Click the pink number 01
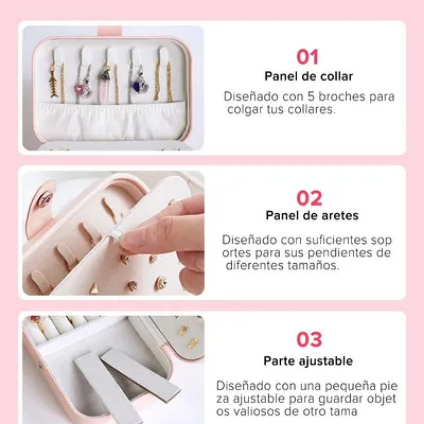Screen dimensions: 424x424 307,57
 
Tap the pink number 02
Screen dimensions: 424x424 309,198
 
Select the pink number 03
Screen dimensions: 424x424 309,339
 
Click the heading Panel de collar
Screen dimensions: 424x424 309,76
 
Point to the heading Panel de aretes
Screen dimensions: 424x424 312,215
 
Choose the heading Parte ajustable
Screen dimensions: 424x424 308,361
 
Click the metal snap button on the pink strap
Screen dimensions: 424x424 44,199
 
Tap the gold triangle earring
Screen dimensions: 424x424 94,288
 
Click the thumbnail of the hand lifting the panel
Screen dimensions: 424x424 113,233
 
